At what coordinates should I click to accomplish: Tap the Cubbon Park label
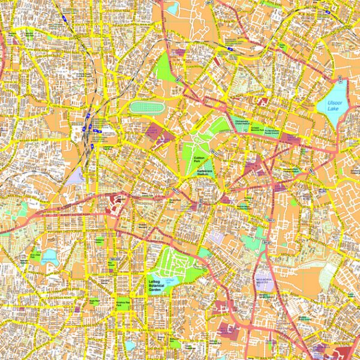pos(200,160)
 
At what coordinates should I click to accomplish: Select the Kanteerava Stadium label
pos(207,171)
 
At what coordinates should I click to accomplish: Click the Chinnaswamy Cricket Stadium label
pos(241,122)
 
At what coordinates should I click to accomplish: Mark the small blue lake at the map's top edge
pos(172,8)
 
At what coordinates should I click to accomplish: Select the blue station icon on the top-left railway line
pos(63,19)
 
